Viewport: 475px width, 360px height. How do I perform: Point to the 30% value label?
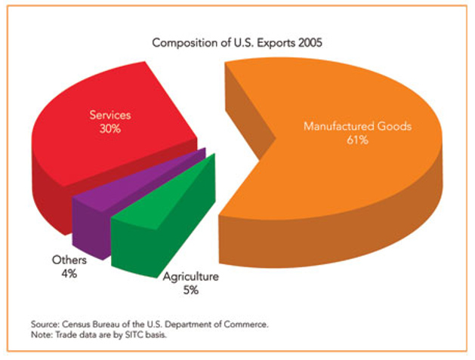point(110,129)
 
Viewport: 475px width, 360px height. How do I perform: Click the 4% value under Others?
point(69,273)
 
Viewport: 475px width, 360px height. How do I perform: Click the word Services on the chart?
point(110,115)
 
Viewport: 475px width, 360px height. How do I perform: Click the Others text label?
point(69,260)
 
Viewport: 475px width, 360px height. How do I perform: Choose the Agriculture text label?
point(190,277)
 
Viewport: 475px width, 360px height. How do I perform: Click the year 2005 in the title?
point(309,42)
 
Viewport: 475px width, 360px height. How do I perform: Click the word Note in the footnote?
point(43,334)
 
